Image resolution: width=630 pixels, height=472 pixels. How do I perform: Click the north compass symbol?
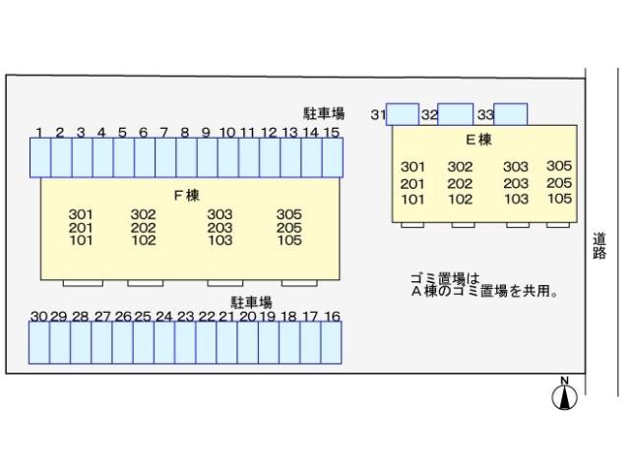click(x=565, y=396)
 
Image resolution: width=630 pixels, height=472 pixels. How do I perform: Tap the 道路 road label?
click(x=599, y=245)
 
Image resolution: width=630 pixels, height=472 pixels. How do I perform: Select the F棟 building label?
click(x=187, y=195)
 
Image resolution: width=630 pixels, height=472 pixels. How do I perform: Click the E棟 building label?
click(x=478, y=140)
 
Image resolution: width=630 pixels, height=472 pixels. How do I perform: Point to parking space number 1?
click(x=39, y=157)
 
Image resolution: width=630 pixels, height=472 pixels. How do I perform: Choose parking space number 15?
click(x=332, y=157)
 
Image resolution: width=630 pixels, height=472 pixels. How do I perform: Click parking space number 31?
click(x=403, y=114)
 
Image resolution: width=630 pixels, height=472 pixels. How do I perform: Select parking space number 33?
click(x=511, y=114)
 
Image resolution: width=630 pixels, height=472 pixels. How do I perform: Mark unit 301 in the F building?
click(x=81, y=214)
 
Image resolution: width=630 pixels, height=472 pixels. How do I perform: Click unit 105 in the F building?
click(x=288, y=240)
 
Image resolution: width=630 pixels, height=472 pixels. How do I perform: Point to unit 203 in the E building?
click(x=516, y=183)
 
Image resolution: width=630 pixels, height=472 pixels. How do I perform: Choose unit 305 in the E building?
click(x=559, y=166)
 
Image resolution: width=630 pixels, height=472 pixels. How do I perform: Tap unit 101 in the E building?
click(x=412, y=199)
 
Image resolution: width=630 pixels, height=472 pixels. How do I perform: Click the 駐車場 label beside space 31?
click(x=324, y=114)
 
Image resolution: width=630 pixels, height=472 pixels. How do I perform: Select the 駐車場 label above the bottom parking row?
click(x=252, y=302)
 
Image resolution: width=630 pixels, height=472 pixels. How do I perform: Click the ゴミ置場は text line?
click(x=444, y=278)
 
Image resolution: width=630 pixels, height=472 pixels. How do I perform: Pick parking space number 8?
click(x=185, y=157)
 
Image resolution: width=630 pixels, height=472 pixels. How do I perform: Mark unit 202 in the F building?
click(x=144, y=227)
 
